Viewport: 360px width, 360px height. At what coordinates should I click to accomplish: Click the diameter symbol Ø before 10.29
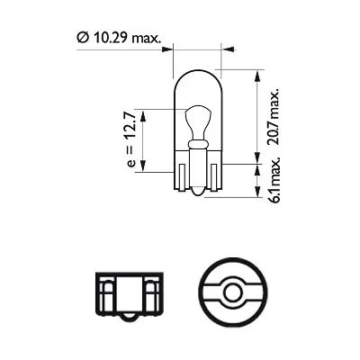tap(82, 38)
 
